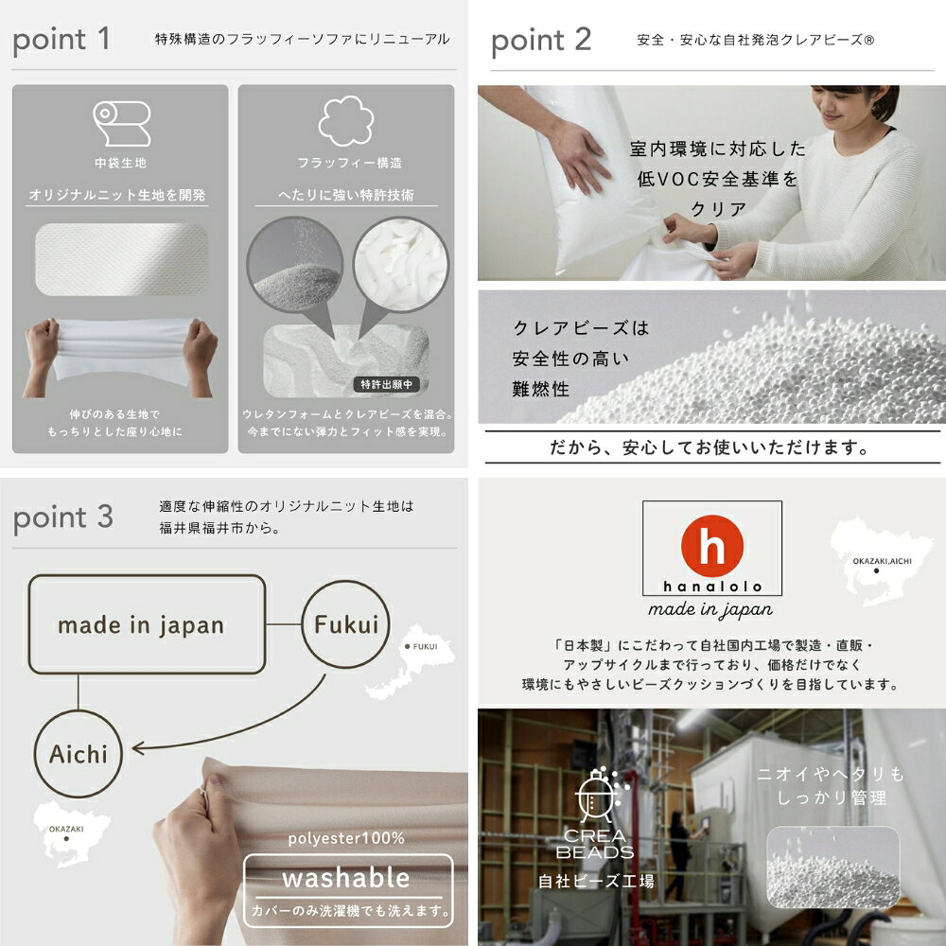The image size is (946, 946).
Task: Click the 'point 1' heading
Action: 61,41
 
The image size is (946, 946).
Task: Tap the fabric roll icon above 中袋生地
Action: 121,123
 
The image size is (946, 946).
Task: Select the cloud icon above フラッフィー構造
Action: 345,121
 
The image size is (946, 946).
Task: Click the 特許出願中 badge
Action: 386,384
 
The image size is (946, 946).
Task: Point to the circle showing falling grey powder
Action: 295,264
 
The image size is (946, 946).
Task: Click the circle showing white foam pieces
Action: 400,264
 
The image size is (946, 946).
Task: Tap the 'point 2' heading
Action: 540,41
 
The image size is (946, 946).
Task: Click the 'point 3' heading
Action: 62,517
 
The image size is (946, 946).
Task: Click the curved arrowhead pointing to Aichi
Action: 137,748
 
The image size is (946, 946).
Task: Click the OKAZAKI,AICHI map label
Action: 882,561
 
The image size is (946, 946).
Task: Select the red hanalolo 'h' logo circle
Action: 712,546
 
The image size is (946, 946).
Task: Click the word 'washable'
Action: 345,879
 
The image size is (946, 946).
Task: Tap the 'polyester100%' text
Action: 345,838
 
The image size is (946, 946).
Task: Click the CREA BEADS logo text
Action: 595,844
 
